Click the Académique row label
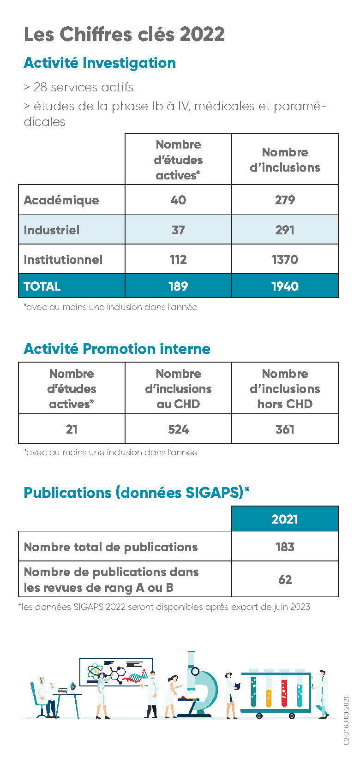click(x=61, y=200)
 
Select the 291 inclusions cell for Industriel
click(x=285, y=230)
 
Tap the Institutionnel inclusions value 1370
click(x=285, y=260)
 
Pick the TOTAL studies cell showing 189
click(x=178, y=286)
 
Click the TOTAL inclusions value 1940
click(x=285, y=286)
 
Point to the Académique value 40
click(x=178, y=200)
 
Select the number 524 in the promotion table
click(x=178, y=429)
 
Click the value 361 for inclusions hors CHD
click(x=285, y=429)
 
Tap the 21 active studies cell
click(x=72, y=429)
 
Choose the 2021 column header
click(x=285, y=519)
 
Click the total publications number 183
click(x=285, y=547)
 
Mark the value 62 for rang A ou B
click(x=285, y=579)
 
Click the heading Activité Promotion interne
click(x=117, y=349)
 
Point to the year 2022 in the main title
click(x=202, y=34)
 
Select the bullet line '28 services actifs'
click(x=78, y=87)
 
